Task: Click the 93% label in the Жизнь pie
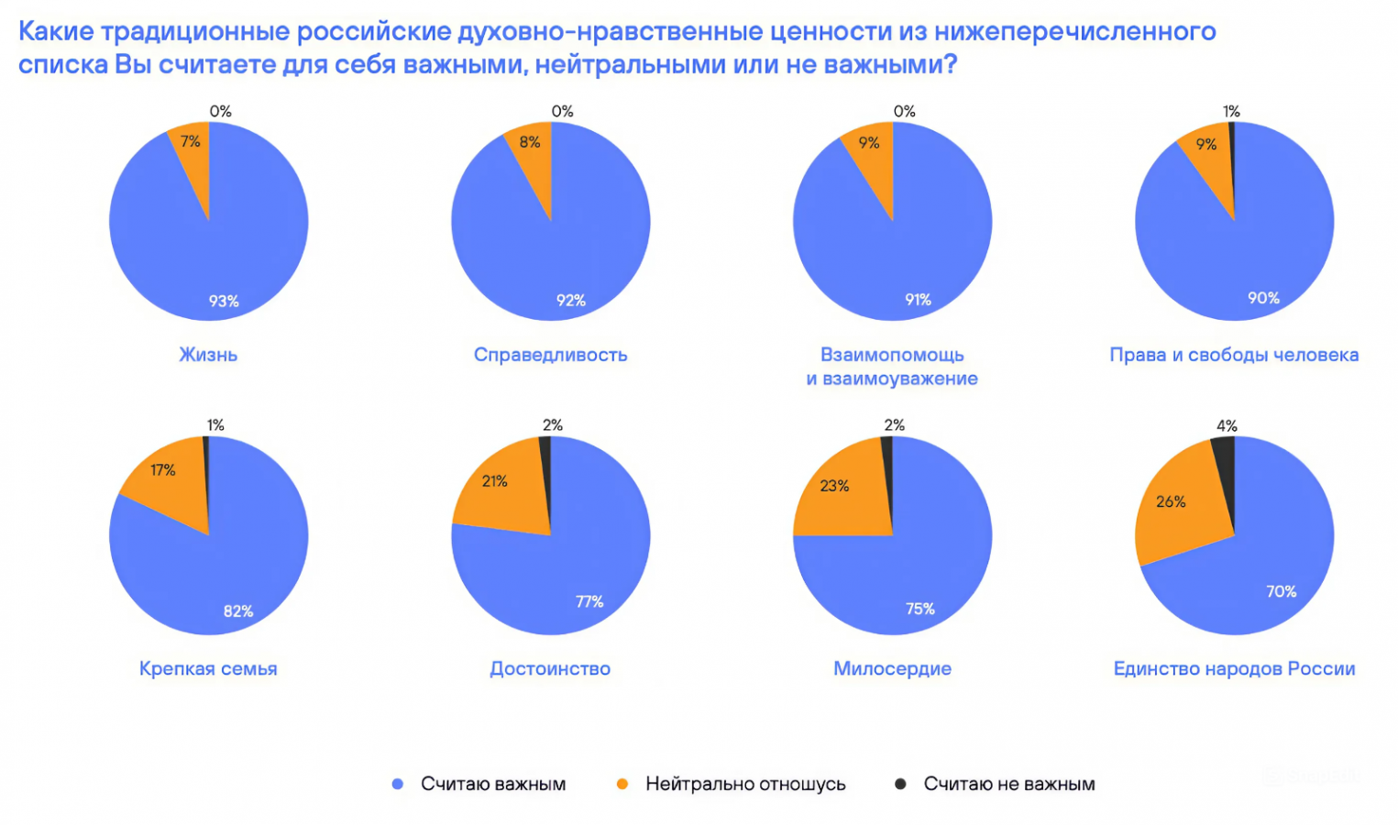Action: pos(224,301)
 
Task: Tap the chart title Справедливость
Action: pos(550,355)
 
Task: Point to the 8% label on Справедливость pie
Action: pos(530,142)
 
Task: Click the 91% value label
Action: pos(918,300)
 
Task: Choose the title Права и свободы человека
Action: pos(1234,355)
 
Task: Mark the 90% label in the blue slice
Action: pos(1263,298)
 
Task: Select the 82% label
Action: pos(238,610)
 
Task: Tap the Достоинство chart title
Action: pos(550,668)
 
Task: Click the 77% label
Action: pos(589,601)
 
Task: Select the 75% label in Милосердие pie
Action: pos(920,609)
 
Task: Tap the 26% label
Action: pos(1171,501)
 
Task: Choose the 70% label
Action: pos(1281,591)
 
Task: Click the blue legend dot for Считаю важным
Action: pos(398,784)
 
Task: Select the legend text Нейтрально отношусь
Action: pos(745,784)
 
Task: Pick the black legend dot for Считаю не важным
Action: pos(900,784)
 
